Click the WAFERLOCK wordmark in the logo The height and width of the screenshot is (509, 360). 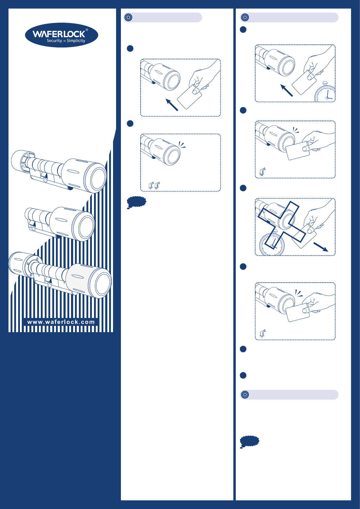tap(59, 34)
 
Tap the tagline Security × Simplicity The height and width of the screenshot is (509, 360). tap(66, 41)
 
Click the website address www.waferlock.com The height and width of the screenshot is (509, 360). tap(61, 322)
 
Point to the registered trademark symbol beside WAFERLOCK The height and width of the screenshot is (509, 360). tap(86, 30)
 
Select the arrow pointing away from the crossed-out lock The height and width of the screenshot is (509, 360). tap(321, 247)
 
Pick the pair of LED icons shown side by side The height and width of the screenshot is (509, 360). tap(154, 185)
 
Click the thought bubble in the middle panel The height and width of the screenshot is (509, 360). tap(136, 202)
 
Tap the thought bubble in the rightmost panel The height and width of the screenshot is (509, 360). tap(249, 442)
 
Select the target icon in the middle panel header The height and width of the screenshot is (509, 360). tap(128, 17)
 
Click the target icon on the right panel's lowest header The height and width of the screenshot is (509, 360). tap(245, 395)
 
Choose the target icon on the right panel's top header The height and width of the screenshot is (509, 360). tap(245, 17)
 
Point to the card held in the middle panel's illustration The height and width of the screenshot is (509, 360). tap(189, 97)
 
